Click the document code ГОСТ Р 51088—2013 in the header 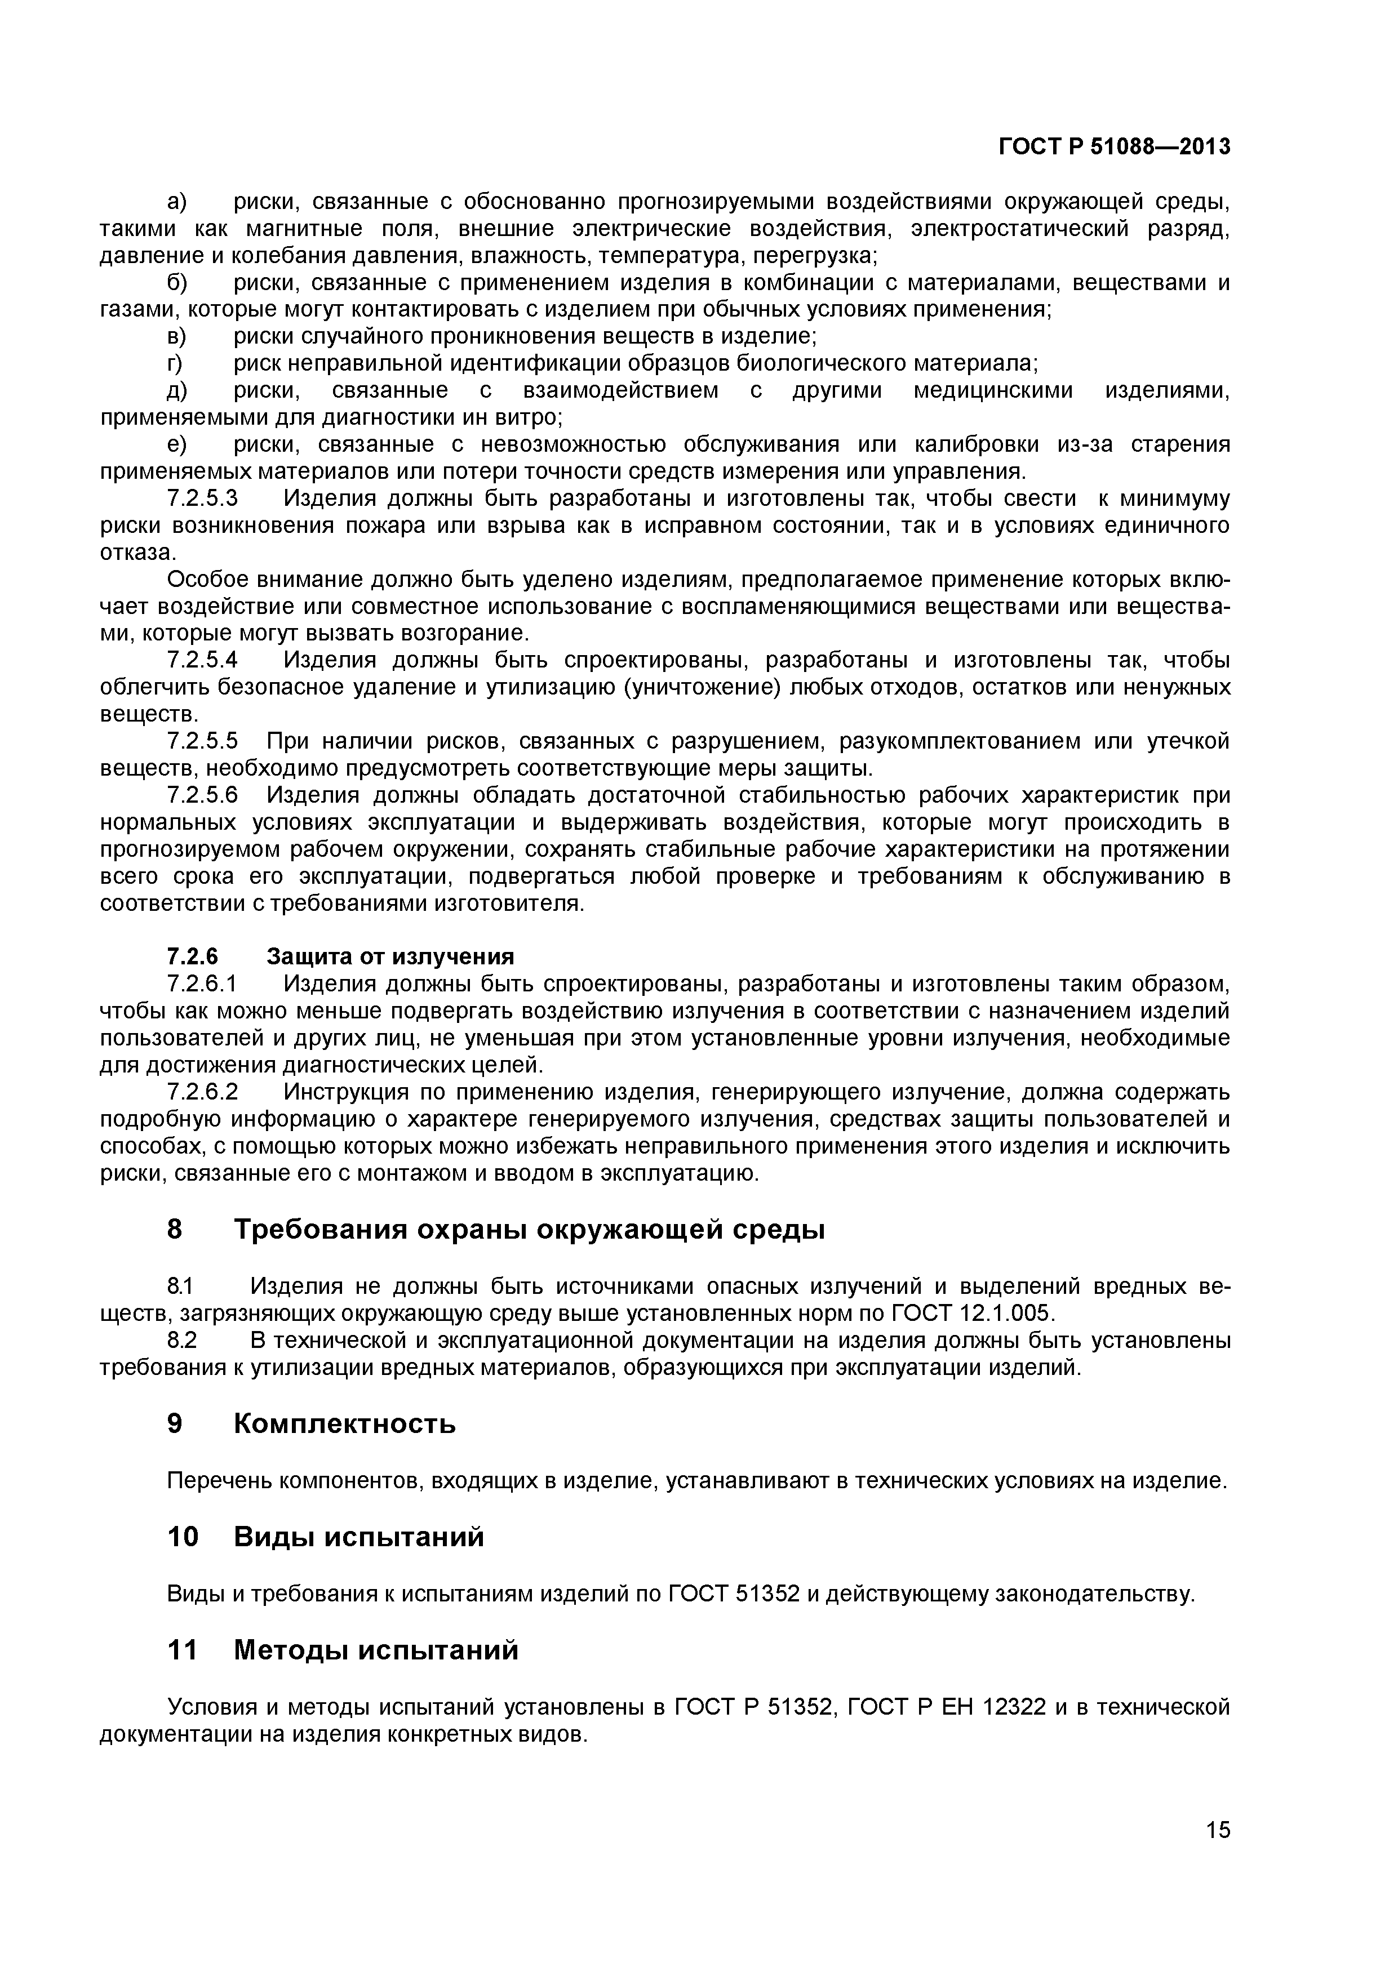(1114, 147)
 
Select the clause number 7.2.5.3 (201, 499)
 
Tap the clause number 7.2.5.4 (201, 660)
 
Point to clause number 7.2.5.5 (201, 741)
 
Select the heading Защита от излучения (390, 957)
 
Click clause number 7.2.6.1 (201, 983)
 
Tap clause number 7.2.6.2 (201, 1092)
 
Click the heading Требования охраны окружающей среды (529, 1230)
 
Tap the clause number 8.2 (181, 1340)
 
